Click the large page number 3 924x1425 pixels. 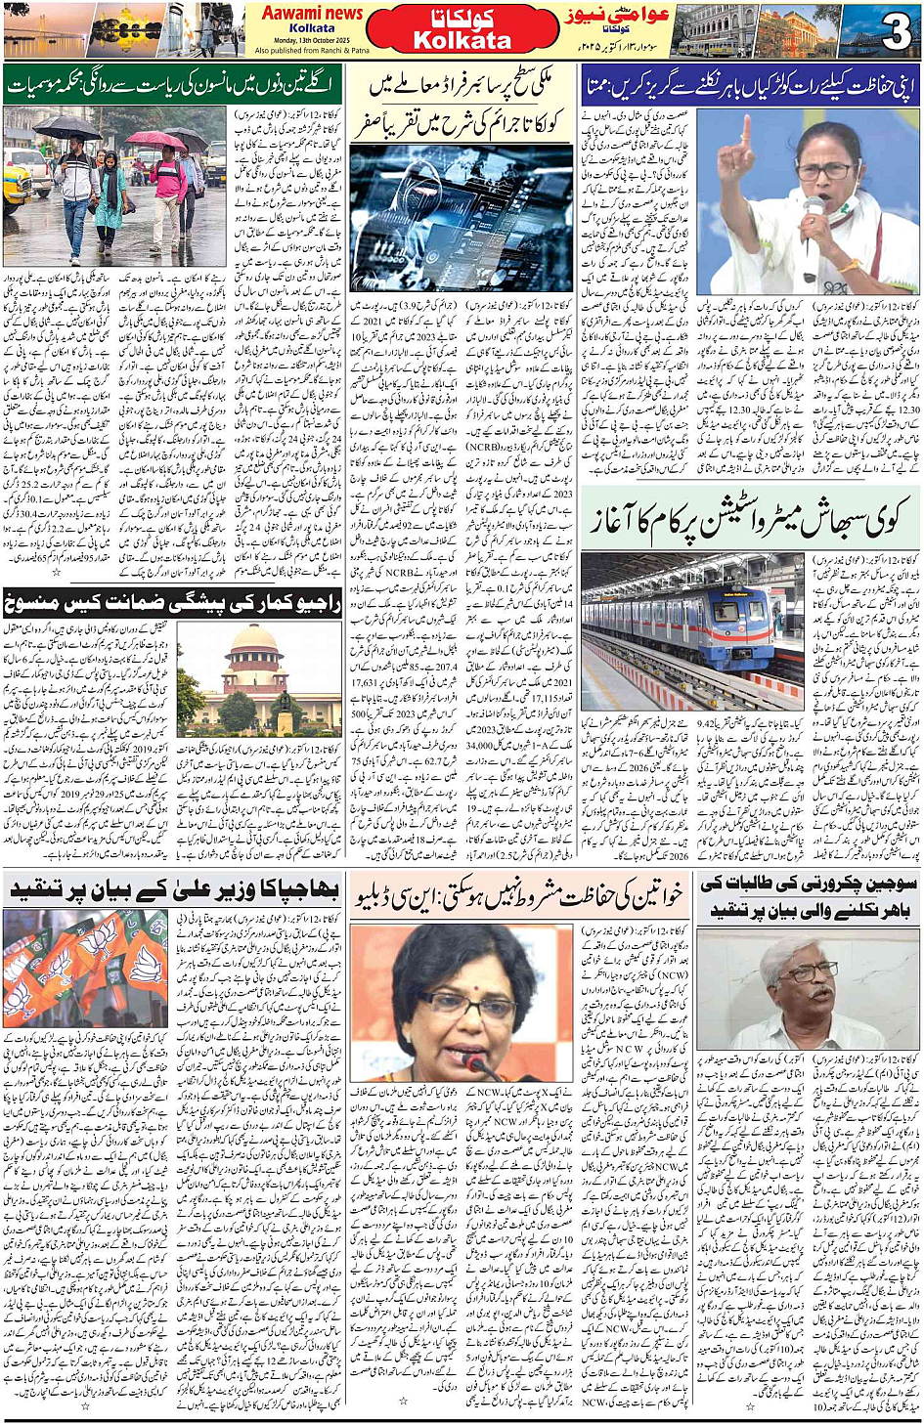tap(895, 32)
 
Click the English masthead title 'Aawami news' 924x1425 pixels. tap(311, 13)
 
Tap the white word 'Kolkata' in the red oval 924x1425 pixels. tap(462, 41)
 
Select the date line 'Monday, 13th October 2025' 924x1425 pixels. tap(311, 40)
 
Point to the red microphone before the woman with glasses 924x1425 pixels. tap(477, 1061)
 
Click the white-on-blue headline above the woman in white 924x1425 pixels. tap(750, 85)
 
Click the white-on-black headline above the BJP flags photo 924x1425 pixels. tap(174, 888)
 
